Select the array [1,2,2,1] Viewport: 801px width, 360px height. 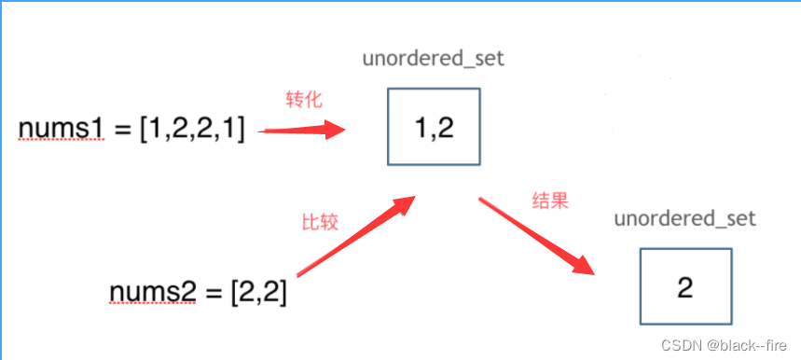pos(193,131)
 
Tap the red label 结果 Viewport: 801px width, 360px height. pos(549,201)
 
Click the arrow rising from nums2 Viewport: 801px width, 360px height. pos(355,237)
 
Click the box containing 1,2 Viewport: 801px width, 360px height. pos(434,127)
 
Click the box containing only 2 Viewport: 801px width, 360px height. pos(685,287)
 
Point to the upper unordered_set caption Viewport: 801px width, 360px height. pos(433,59)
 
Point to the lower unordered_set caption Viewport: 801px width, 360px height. pos(684,220)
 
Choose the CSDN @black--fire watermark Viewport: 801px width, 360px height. pos(725,345)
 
